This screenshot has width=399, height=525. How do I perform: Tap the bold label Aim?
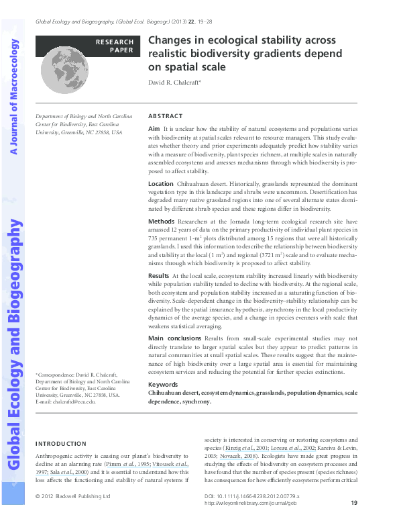tap(154, 128)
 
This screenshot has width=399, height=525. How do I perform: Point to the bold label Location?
tap(160, 183)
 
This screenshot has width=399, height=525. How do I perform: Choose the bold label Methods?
tap(161, 221)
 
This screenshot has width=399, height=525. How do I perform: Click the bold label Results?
tap(159, 276)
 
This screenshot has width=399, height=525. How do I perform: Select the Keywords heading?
tap(163, 385)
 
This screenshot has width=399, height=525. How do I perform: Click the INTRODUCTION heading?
tap(60, 444)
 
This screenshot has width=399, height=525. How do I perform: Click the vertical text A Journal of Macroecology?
tap(13, 97)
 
